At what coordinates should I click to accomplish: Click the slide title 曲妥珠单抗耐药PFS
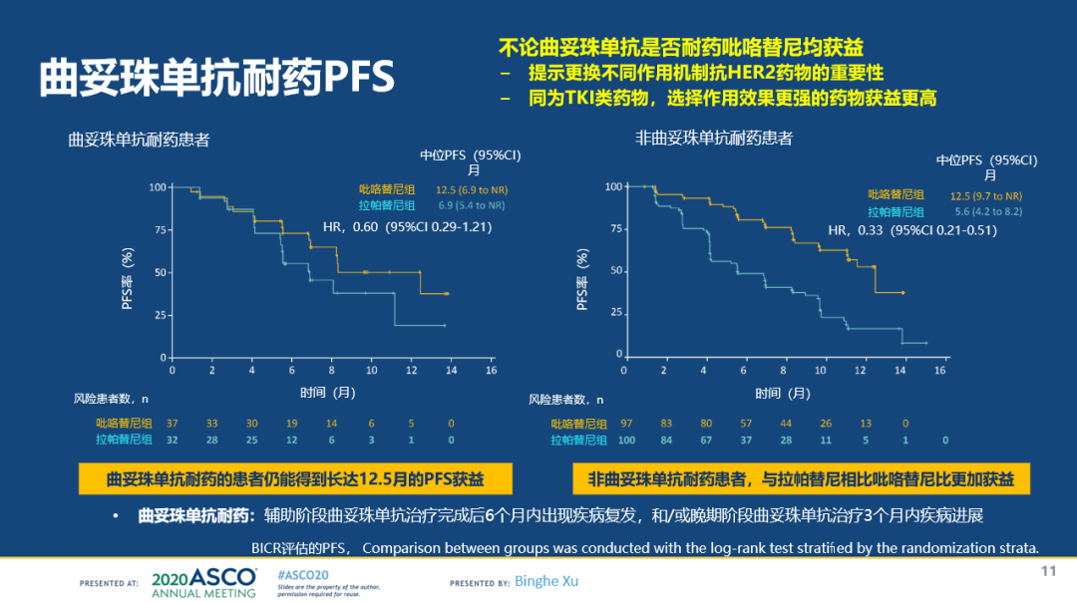point(216,78)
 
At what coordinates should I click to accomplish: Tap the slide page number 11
point(1048,570)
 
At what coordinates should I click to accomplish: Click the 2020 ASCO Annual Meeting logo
point(203,582)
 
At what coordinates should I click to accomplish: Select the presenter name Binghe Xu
point(547,581)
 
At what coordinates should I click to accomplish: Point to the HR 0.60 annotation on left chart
point(409,227)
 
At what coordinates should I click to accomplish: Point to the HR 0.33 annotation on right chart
point(912,231)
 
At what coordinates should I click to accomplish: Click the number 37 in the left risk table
point(172,423)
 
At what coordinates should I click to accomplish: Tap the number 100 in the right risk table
point(626,440)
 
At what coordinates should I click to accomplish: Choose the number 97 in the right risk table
point(626,423)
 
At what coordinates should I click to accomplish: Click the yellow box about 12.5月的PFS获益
point(295,479)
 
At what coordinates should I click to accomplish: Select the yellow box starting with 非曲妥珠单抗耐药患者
point(801,479)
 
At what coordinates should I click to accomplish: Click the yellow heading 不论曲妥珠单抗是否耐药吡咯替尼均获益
point(681,47)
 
